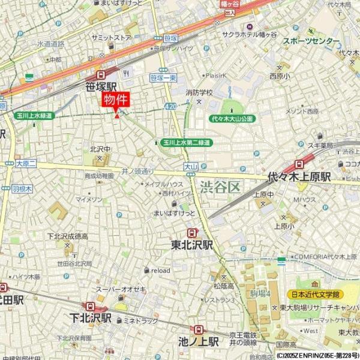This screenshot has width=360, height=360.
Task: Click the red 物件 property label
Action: pos(116,100)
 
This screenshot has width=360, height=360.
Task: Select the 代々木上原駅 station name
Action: pos(299,177)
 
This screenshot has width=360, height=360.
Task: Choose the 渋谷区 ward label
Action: pos(220,187)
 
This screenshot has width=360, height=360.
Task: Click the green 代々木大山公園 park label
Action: pos(233,119)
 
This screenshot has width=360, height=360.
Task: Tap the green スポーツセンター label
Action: pos(310,41)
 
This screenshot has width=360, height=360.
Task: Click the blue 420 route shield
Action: pos(170,106)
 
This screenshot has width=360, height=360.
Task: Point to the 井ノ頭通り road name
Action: pos(138,170)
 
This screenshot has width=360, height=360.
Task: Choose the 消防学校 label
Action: pos(199,92)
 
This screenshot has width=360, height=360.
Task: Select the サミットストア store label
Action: pos(111,37)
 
